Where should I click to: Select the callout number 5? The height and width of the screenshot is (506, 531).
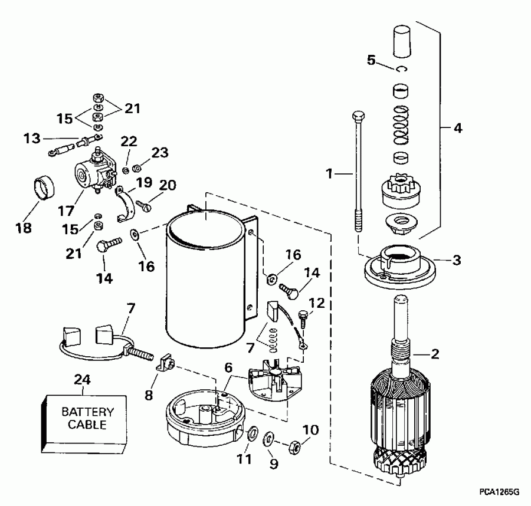pyautogui.click(x=371, y=60)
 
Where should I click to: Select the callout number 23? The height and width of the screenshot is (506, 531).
pyautogui.click(x=159, y=153)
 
